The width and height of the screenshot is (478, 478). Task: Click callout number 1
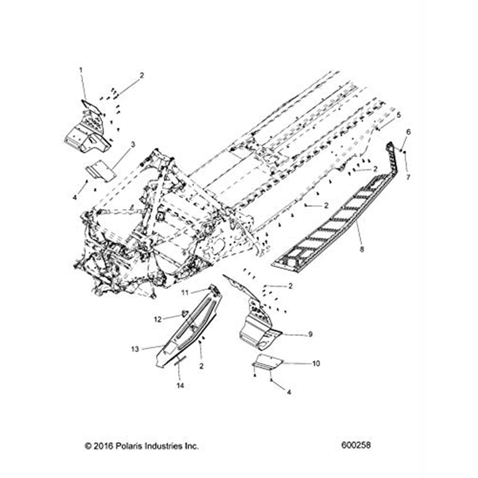tap(81, 70)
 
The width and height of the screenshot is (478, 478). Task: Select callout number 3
tap(133, 143)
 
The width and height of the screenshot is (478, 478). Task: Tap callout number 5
tap(398, 115)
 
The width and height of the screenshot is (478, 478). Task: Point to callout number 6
tap(408, 131)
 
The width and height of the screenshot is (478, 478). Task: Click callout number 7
tap(408, 177)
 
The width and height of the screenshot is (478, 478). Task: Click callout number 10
tap(316, 364)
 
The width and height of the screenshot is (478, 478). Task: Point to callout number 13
tap(135, 349)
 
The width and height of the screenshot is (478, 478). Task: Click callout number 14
tap(180, 385)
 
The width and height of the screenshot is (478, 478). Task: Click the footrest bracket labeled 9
tap(258, 325)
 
